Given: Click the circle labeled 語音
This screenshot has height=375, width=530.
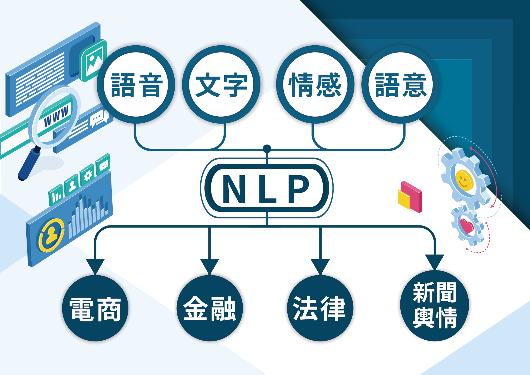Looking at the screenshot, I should pyautogui.click(x=136, y=85).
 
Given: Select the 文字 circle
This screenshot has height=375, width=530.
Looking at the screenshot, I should pyautogui.click(x=221, y=85).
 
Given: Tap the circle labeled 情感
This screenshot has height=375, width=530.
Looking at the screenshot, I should pyautogui.click(x=315, y=85).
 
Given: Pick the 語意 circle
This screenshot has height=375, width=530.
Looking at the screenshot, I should pyautogui.click(x=401, y=85).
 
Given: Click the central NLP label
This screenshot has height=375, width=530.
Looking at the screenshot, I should pyautogui.click(x=267, y=188).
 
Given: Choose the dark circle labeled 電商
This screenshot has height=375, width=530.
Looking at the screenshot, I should pyautogui.click(x=95, y=308).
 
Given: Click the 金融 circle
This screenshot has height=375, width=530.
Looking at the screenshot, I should pyautogui.click(x=209, y=308).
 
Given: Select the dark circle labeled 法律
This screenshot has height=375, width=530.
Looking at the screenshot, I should pyautogui.click(x=320, y=308).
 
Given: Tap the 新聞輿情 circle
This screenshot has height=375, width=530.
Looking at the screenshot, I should pyautogui.click(x=435, y=305).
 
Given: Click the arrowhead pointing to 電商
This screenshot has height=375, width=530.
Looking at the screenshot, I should pyautogui.click(x=95, y=265).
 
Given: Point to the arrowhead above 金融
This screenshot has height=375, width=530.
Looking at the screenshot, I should pyautogui.click(x=209, y=265).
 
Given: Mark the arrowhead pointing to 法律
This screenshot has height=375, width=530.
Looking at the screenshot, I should pyautogui.click(x=320, y=265).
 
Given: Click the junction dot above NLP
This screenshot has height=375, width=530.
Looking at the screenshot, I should pyautogui.click(x=267, y=149).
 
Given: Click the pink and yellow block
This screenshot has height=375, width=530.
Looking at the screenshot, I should pyautogui.click(x=410, y=197).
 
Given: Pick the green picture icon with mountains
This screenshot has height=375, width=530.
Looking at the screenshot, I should pyautogui.click(x=94, y=60).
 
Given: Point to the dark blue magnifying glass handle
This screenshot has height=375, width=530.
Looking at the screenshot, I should pyautogui.click(x=29, y=163).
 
